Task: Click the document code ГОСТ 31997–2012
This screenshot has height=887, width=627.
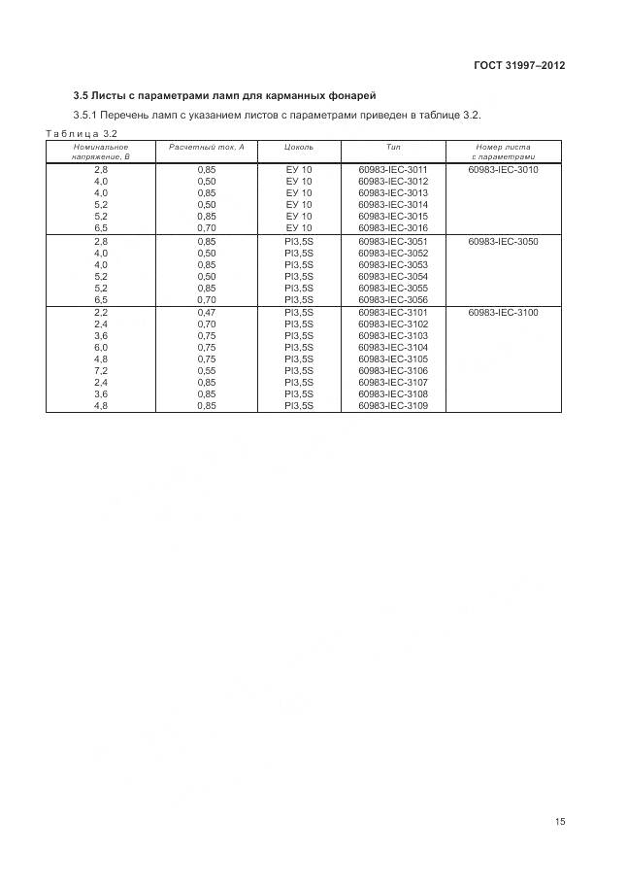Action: pyautogui.click(x=518, y=66)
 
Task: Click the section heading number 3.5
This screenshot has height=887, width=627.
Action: pyautogui.click(x=83, y=95)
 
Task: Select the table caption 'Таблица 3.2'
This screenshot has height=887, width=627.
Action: pyautogui.click(x=82, y=133)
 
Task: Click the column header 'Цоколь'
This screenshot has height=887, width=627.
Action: pyautogui.click(x=299, y=146)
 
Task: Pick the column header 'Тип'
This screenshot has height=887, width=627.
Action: pyautogui.click(x=393, y=146)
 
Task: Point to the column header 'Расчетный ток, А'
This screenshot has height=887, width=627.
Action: pyautogui.click(x=207, y=146)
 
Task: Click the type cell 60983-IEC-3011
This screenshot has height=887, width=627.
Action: pyautogui.click(x=393, y=169)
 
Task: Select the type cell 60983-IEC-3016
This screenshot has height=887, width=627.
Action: pyautogui.click(x=393, y=227)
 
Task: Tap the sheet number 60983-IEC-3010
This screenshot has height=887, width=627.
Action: pyautogui.click(x=503, y=169)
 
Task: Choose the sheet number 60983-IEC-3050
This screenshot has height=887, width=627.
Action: pyautogui.click(x=503, y=241)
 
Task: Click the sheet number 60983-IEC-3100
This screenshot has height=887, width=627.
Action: pyautogui.click(x=503, y=313)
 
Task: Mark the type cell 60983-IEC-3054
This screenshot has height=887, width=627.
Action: pyautogui.click(x=393, y=276)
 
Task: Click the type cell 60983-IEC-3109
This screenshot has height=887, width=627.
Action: pyautogui.click(x=393, y=406)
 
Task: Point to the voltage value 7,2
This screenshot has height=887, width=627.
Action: pyautogui.click(x=101, y=371)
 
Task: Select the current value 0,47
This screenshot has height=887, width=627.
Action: pyautogui.click(x=207, y=313)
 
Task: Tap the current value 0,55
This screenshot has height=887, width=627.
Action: pyautogui.click(x=207, y=371)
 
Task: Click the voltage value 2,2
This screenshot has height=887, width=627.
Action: pyautogui.click(x=101, y=313)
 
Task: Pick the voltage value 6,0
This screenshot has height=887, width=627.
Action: pyautogui.click(x=101, y=348)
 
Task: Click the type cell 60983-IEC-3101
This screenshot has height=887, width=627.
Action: pyautogui.click(x=393, y=313)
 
